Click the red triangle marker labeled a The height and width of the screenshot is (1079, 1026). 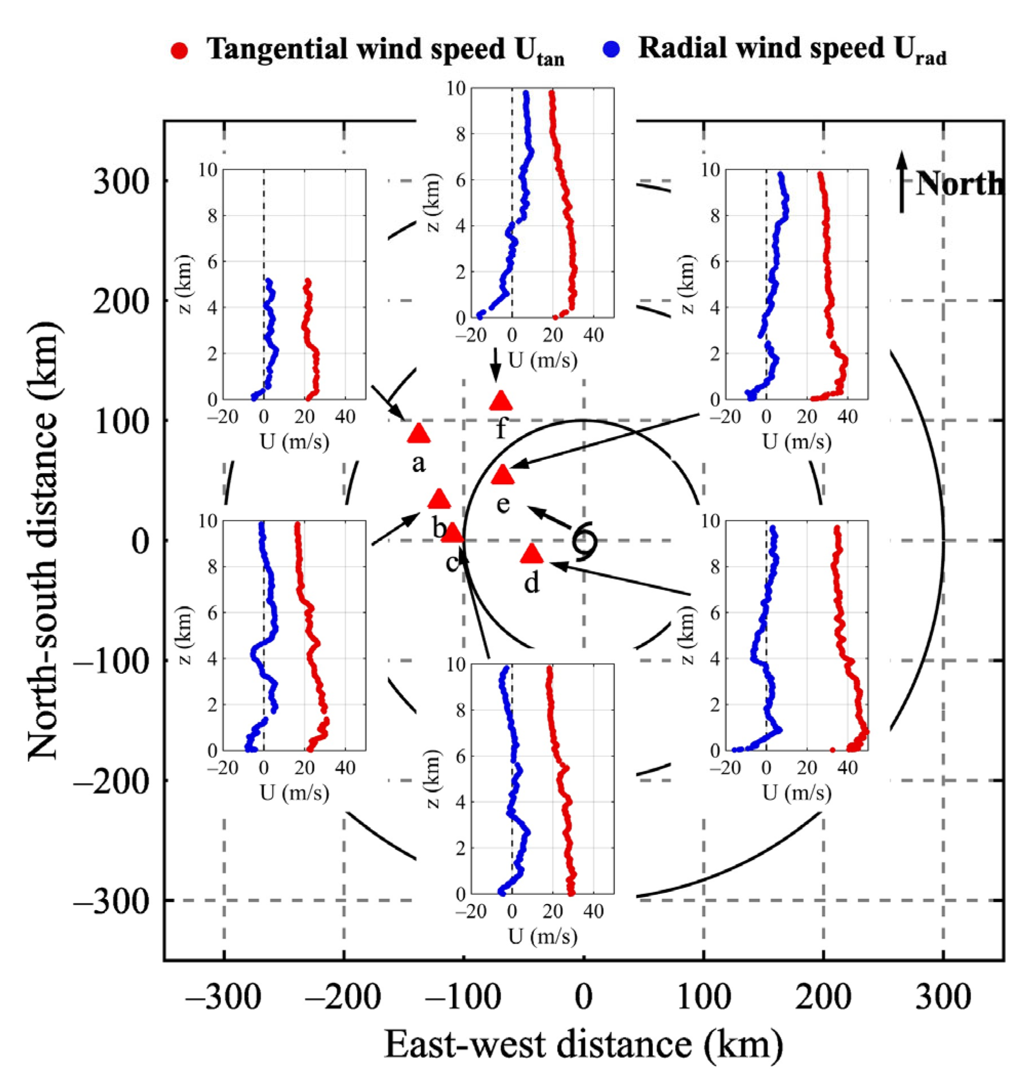[419, 434]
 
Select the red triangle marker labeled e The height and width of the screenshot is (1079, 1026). [503, 475]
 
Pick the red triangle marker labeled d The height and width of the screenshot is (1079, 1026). [531, 555]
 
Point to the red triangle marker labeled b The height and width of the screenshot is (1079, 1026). [439, 499]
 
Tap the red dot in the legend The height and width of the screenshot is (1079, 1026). [180, 51]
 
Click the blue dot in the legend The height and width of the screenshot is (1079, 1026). [612, 50]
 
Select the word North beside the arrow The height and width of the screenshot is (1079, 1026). [959, 184]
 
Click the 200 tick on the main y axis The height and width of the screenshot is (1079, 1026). [121, 301]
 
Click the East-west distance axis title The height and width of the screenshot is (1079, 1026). [584, 1044]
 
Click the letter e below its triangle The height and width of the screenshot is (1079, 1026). [503, 504]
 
